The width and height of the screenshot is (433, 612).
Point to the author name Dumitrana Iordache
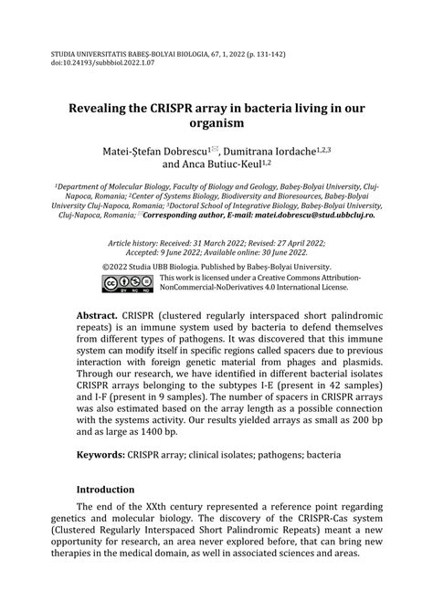click(286, 149)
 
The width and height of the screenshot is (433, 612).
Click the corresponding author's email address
click(324, 216)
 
